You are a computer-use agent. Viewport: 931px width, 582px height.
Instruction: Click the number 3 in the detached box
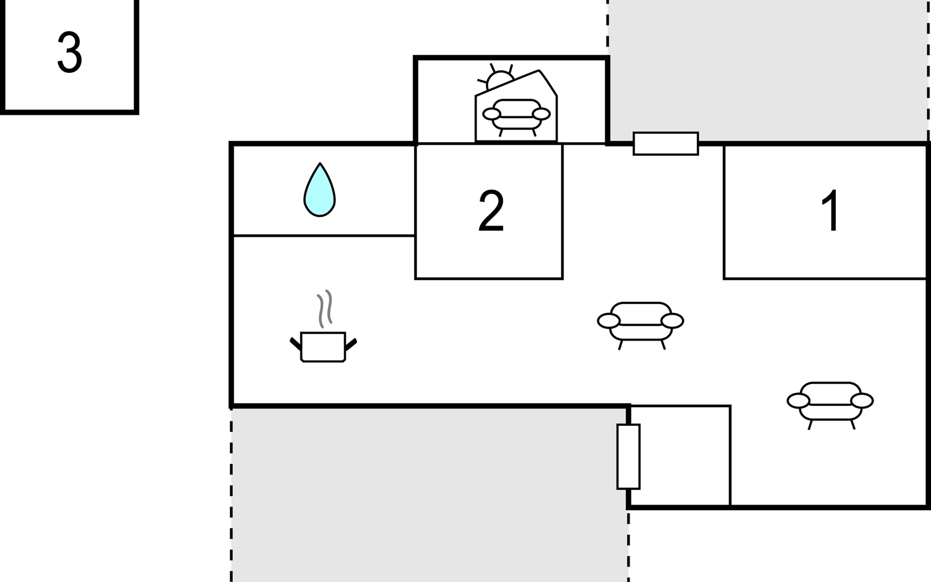pos(69,52)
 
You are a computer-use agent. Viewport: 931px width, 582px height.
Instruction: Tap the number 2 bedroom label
pos(491,211)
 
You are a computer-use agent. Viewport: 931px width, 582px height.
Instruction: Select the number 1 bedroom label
pos(831,211)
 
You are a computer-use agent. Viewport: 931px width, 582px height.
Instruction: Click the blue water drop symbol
pos(320,190)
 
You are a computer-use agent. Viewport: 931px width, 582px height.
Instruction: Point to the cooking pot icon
pos(323,347)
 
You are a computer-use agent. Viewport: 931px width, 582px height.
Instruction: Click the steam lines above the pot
pos(325,308)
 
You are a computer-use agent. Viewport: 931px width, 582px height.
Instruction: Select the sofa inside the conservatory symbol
pos(516,117)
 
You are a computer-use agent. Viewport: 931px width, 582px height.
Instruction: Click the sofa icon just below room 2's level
pos(641,325)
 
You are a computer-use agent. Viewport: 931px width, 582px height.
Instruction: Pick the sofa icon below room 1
pos(830,405)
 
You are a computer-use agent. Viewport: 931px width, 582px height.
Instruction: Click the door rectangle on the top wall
pos(666,144)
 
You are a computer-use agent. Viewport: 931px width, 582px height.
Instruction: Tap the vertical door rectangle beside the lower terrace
pos(628,456)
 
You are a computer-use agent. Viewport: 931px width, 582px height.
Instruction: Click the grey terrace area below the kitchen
pos(430,495)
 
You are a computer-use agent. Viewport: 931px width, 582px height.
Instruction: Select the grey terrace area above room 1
pos(769,70)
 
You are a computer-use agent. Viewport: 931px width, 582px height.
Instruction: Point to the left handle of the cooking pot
pos(296,344)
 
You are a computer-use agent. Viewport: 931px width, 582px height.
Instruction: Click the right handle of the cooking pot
pos(351,344)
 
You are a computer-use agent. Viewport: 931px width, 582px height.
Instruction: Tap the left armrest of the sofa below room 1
pos(798,401)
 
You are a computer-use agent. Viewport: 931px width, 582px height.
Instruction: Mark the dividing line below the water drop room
pos(323,236)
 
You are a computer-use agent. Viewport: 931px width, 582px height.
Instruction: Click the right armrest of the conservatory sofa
pos(541,114)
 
